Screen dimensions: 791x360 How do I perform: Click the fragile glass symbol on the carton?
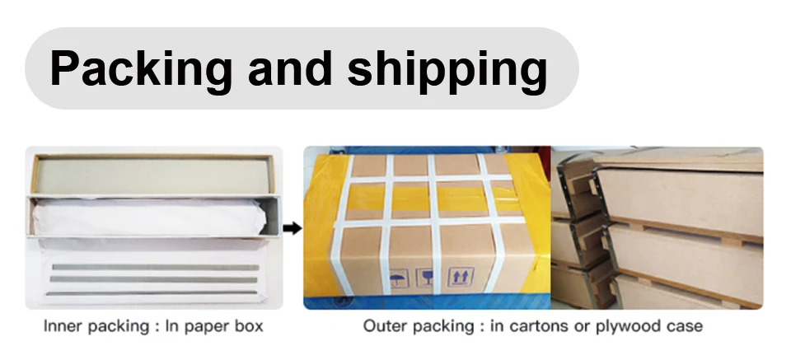coord(428,278)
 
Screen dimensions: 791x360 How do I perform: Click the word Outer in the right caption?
coord(382,326)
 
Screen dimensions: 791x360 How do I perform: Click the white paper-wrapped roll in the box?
coord(148,218)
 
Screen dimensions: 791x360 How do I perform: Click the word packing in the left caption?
coord(114,326)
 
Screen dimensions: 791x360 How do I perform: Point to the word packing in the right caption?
coord(438,326)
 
